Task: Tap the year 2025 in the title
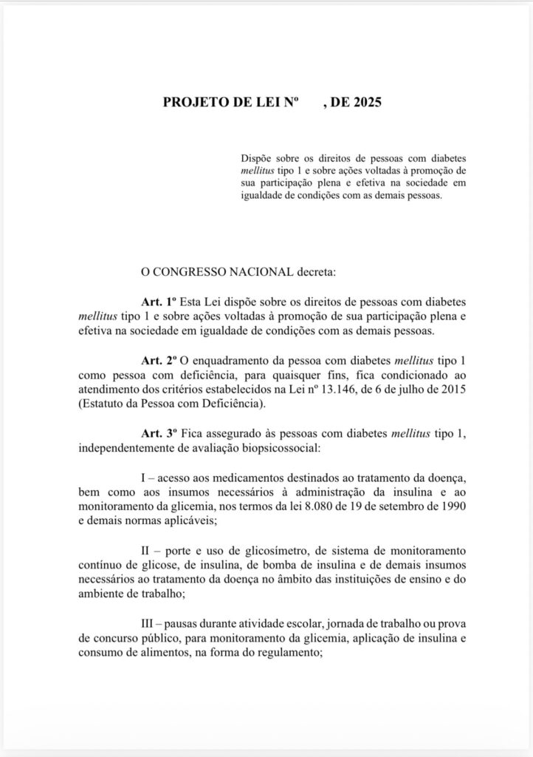click(367, 103)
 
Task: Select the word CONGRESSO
click(191, 273)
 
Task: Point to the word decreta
click(315, 273)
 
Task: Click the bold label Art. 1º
click(157, 302)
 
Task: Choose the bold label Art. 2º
click(157, 361)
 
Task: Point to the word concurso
click(117, 638)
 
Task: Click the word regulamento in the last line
click(286, 652)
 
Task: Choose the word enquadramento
click(231, 361)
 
